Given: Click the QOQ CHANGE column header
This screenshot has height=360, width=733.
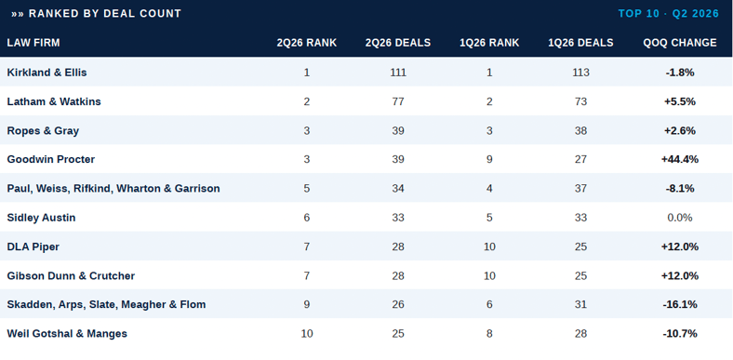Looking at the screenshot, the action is coord(680,43).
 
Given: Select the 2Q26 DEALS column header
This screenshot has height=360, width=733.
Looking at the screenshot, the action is coord(398,43).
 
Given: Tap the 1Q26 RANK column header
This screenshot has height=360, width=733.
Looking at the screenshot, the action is coord(489,43).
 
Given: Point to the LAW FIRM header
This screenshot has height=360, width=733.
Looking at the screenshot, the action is coord(33,43).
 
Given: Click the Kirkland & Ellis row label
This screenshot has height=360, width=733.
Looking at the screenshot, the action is coord(47,73).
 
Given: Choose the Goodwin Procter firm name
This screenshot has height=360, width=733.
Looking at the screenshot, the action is coord(51,159).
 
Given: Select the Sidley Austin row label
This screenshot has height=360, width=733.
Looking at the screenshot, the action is coord(41,218).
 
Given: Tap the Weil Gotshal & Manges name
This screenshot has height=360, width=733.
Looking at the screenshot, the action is coord(67,333).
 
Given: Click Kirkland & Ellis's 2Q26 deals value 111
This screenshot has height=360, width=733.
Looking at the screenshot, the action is coord(398,73).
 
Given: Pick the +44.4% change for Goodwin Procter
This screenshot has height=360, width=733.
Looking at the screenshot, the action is coord(680,159).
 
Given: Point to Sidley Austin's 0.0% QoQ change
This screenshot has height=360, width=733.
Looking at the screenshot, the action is coord(680,218).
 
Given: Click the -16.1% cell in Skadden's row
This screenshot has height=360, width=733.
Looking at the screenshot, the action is coord(680,304).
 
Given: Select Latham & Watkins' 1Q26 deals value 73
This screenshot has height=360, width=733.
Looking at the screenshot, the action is coord(581,101).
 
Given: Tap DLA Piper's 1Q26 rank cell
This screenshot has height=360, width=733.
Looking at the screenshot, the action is coord(489,247).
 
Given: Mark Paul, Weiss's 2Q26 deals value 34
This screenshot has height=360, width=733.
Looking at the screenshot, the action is coord(398,189).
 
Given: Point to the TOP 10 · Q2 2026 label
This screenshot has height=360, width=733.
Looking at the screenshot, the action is coord(669,14).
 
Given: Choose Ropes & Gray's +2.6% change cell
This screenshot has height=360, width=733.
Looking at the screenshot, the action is coord(680,130).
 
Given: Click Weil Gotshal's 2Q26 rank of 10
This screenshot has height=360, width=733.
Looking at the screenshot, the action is coord(307,333).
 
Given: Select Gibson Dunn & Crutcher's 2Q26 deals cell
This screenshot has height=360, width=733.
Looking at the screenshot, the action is coord(398,275).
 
